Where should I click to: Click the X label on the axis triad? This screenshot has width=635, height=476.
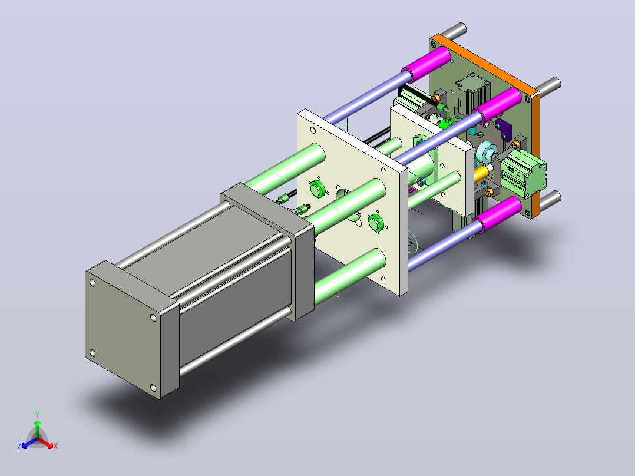pos(55,447)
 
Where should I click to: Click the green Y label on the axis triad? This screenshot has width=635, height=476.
pos(37,415)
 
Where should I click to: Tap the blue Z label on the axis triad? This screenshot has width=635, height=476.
pos(19,446)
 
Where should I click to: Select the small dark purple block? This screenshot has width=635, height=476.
pos(504,129)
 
